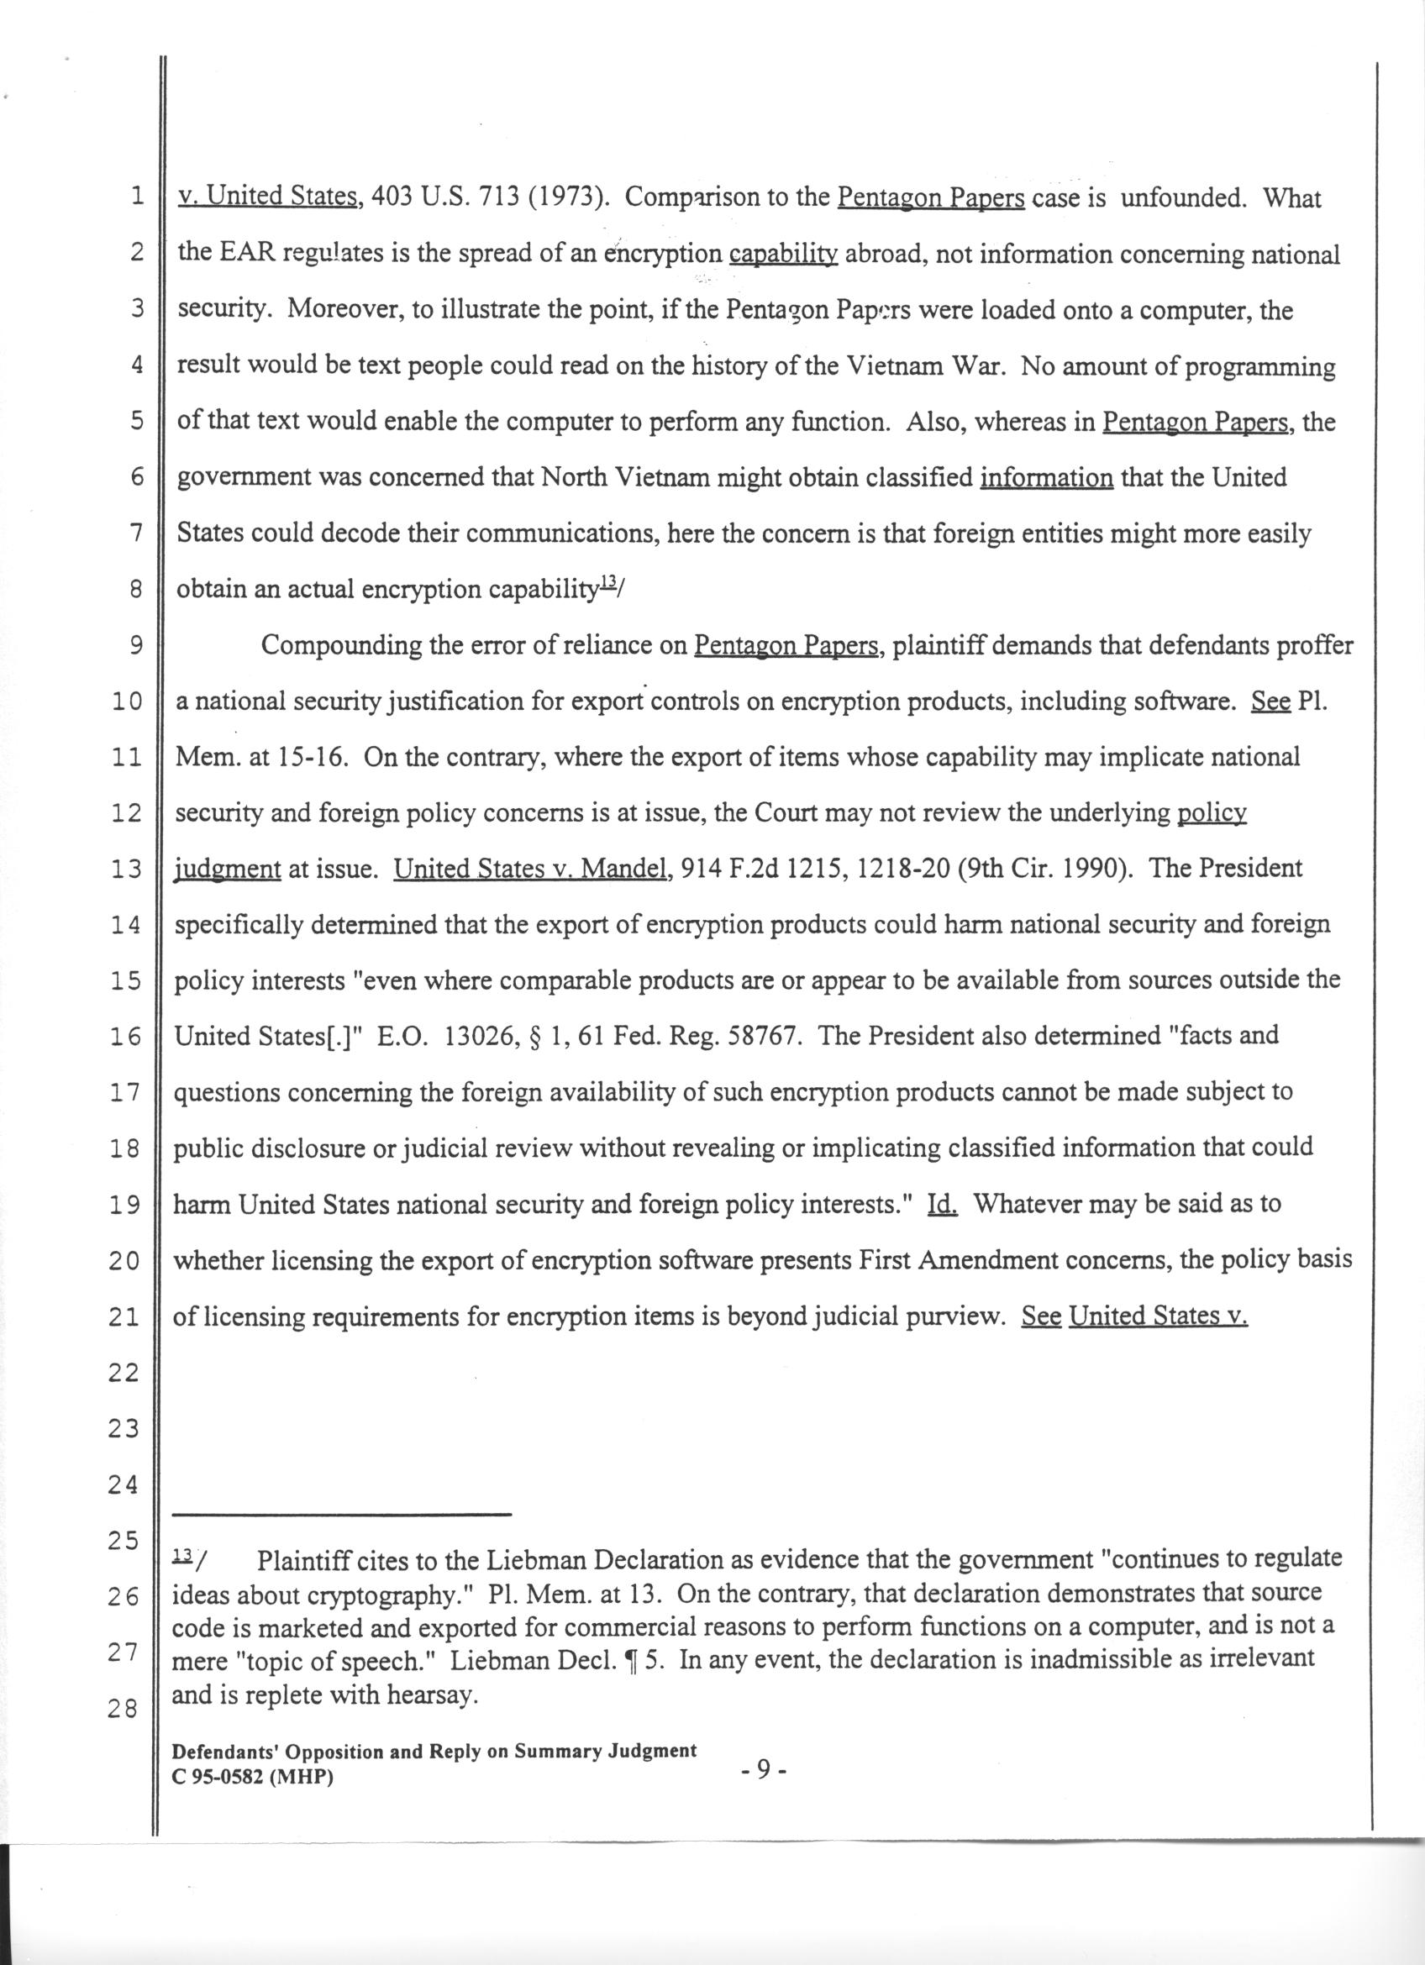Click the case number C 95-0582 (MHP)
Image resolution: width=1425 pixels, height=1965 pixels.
click(x=254, y=1777)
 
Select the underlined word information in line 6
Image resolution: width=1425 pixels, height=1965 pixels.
click(x=1045, y=477)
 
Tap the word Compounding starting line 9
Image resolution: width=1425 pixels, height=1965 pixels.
click(x=343, y=645)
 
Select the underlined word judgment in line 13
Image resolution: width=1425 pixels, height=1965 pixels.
click(x=229, y=870)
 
